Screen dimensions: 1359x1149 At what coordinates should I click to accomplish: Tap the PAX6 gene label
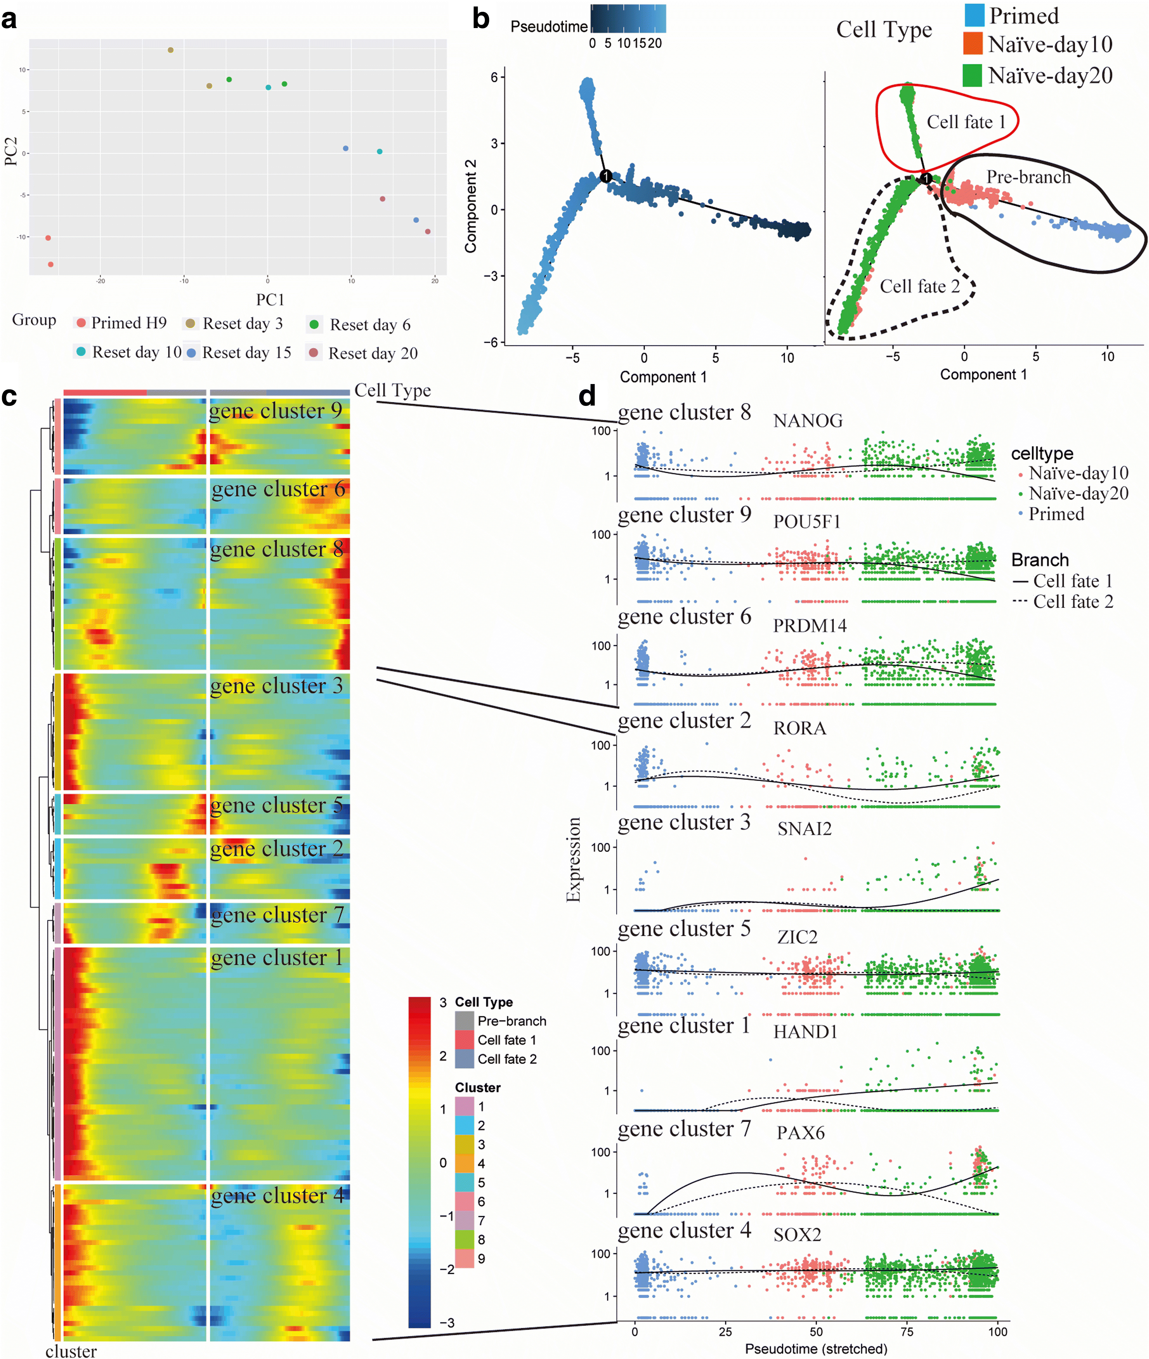[x=801, y=1133]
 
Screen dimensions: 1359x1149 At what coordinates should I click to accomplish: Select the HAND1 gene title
[x=805, y=1032]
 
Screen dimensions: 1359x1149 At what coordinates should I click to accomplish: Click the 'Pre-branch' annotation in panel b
[x=1028, y=177]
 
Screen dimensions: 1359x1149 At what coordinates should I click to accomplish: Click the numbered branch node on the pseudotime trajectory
[x=606, y=176]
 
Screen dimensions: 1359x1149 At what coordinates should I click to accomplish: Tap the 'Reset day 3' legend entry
[x=242, y=324]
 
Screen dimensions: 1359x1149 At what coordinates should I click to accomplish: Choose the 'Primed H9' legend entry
[x=128, y=323]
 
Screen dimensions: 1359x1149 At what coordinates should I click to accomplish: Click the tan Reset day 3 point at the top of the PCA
[x=171, y=50]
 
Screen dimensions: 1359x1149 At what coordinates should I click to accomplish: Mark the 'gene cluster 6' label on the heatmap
[x=278, y=489]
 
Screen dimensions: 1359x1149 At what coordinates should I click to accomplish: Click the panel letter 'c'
[x=9, y=396]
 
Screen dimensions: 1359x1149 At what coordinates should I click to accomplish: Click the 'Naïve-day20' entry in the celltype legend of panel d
[x=1078, y=494]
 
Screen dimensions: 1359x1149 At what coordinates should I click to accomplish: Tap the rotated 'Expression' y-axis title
[x=573, y=860]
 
